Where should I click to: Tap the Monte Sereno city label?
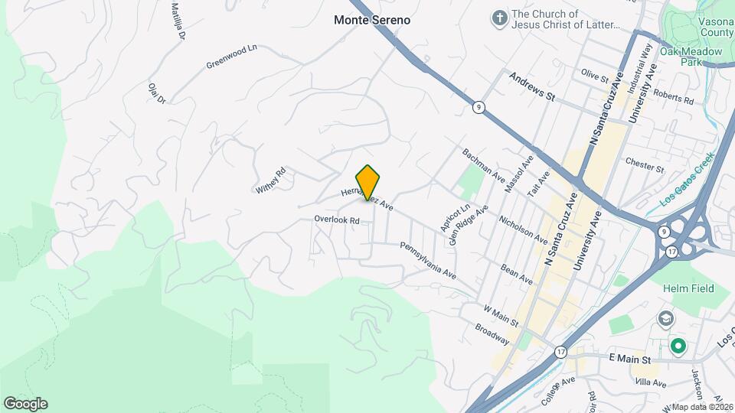tap(372, 20)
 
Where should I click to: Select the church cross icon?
tap(499, 18)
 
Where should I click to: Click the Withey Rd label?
tap(271, 180)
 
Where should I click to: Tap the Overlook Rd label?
tap(336, 220)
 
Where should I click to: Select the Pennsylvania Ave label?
tap(428, 260)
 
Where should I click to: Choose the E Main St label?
tap(629, 359)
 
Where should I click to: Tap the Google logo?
tap(25, 403)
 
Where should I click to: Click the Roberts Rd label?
tap(673, 96)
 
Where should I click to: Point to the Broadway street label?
tap(492, 333)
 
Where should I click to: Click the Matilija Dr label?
tap(178, 21)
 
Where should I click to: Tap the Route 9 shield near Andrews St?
tap(478, 108)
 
